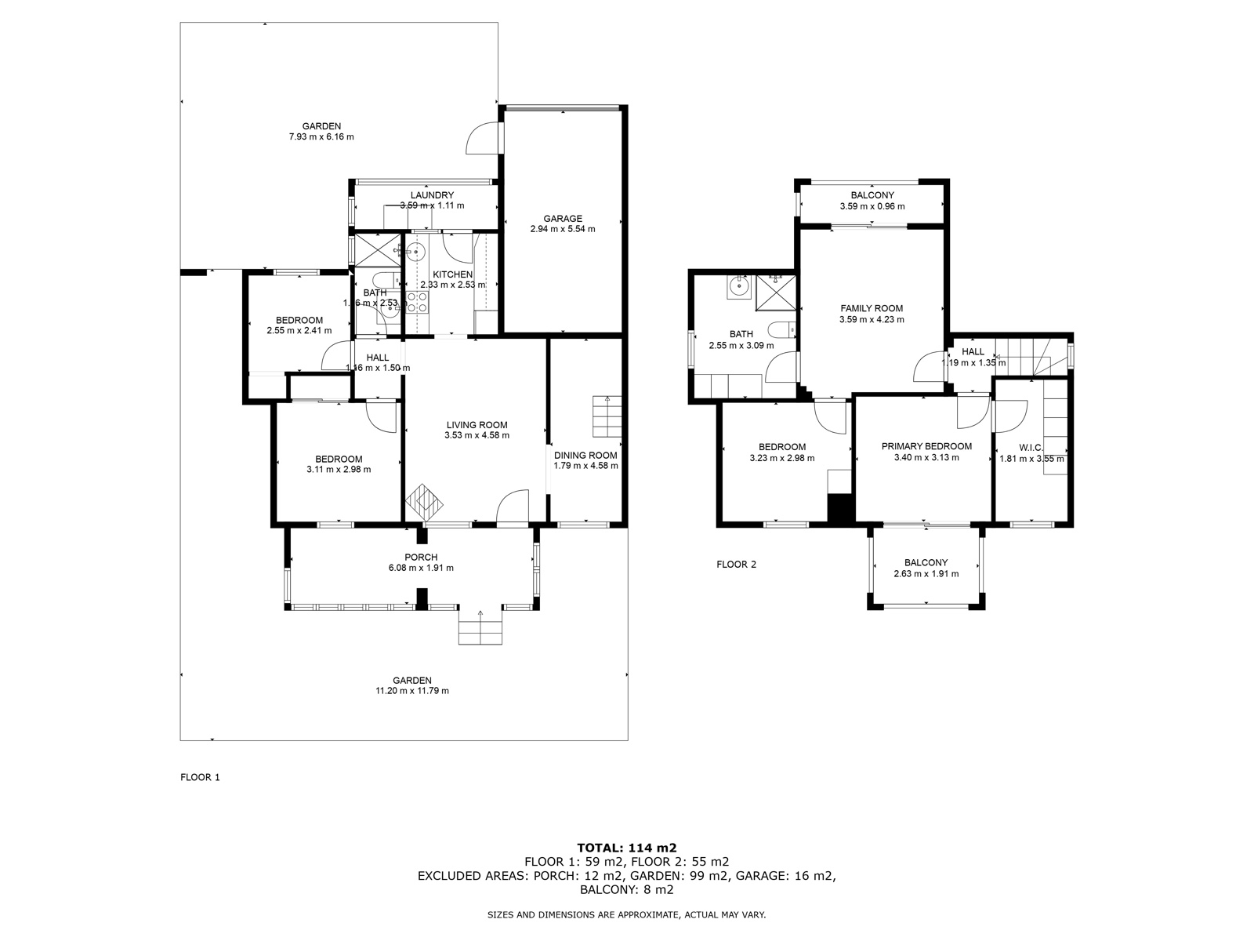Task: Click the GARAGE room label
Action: pos(562,219)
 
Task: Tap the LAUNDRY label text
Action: pos(432,195)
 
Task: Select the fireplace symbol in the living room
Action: pos(424,499)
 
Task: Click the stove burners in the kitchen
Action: pos(417,302)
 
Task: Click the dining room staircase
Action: pos(607,416)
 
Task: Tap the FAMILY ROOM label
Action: pos(872,308)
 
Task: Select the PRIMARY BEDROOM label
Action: pos(926,446)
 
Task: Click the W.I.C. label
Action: pos(1031,448)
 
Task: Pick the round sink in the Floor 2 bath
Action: pos(738,287)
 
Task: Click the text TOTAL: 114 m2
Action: pos(626,848)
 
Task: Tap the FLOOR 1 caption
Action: pos(200,777)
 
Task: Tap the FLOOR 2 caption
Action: pos(736,564)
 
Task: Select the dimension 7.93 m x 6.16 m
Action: pos(321,137)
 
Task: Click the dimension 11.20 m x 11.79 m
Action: pos(412,691)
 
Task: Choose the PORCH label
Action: pos(421,558)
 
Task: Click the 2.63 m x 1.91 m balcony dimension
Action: pos(926,574)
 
